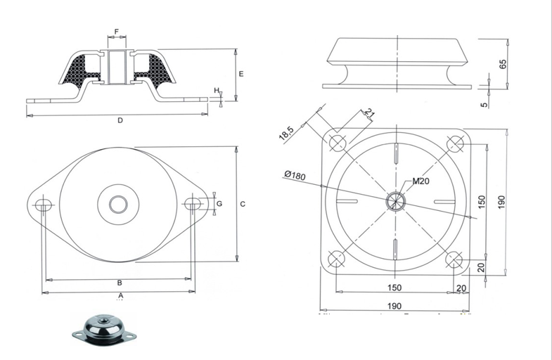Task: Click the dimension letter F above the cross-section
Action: pyautogui.click(x=117, y=32)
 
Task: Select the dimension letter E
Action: pyautogui.click(x=241, y=73)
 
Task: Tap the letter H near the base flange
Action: pyautogui.click(x=217, y=91)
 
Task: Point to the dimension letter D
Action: pyautogui.click(x=120, y=120)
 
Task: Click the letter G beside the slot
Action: pyautogui.click(x=219, y=203)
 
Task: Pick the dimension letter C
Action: pyautogui.click(x=243, y=204)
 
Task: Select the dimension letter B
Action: pyautogui.click(x=120, y=283)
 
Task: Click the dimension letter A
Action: pyautogui.click(x=120, y=295)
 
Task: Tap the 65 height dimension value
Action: pyautogui.click(x=503, y=64)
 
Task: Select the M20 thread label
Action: pyautogui.click(x=421, y=181)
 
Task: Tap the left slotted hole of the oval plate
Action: pyautogui.click(x=44, y=205)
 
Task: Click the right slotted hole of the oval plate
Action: pyautogui.click(x=193, y=204)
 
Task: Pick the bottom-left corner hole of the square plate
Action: pyautogui.click(x=337, y=259)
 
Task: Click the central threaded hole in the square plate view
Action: pyautogui.click(x=396, y=201)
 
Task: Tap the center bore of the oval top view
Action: pyautogui.click(x=117, y=204)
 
